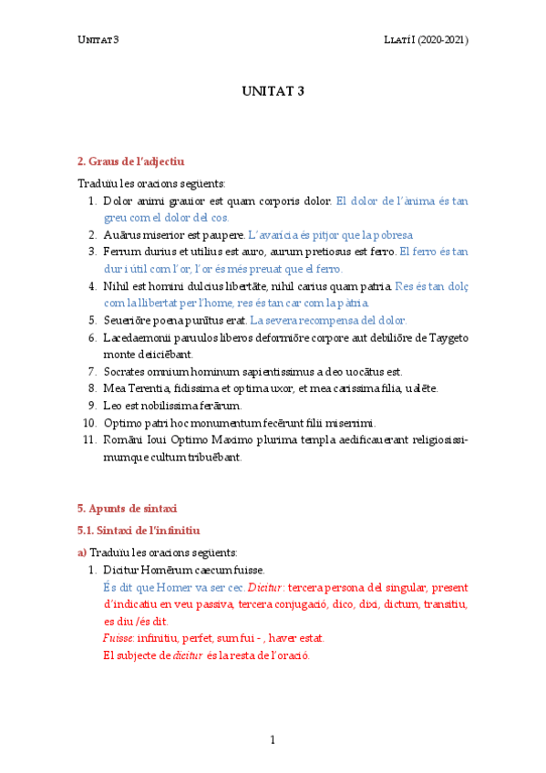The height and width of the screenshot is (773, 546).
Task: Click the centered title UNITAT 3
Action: pyautogui.click(x=273, y=91)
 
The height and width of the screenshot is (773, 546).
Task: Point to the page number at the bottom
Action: pyautogui.click(x=273, y=739)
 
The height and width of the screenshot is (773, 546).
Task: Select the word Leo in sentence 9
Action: pyautogui.click(x=112, y=405)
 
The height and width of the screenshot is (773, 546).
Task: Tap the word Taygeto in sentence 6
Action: pyautogui.click(x=446, y=337)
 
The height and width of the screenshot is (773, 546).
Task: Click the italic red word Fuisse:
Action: pyautogui.click(x=118, y=638)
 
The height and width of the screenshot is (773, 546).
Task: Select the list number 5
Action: pyautogui.click(x=92, y=320)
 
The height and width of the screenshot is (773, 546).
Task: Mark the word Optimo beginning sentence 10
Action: pyautogui.click(x=123, y=422)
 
